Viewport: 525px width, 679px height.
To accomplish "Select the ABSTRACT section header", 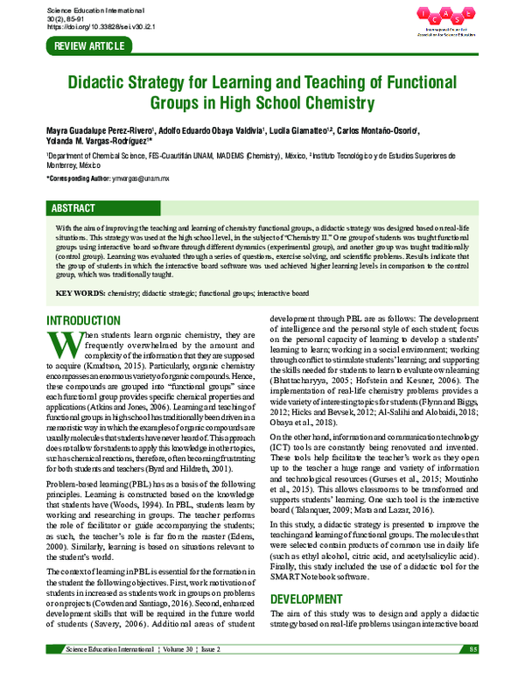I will pos(74,210).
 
